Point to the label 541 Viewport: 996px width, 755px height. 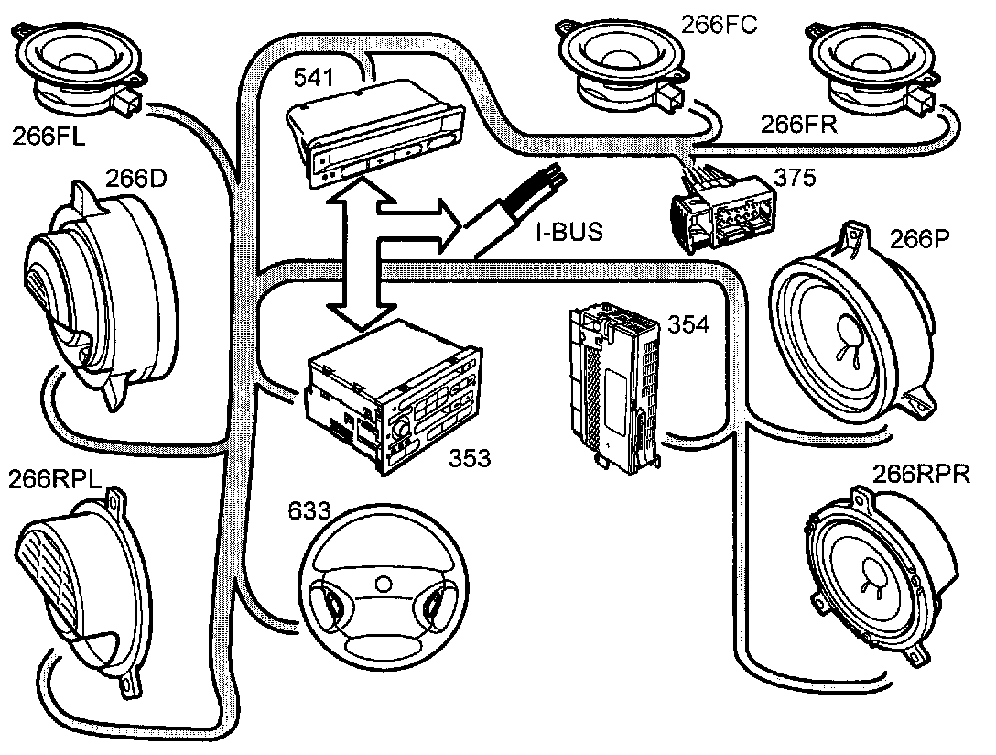pos(313,78)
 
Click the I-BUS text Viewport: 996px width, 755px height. pos(569,232)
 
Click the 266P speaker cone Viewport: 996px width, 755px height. pos(847,327)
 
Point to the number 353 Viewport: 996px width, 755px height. pos(469,458)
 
